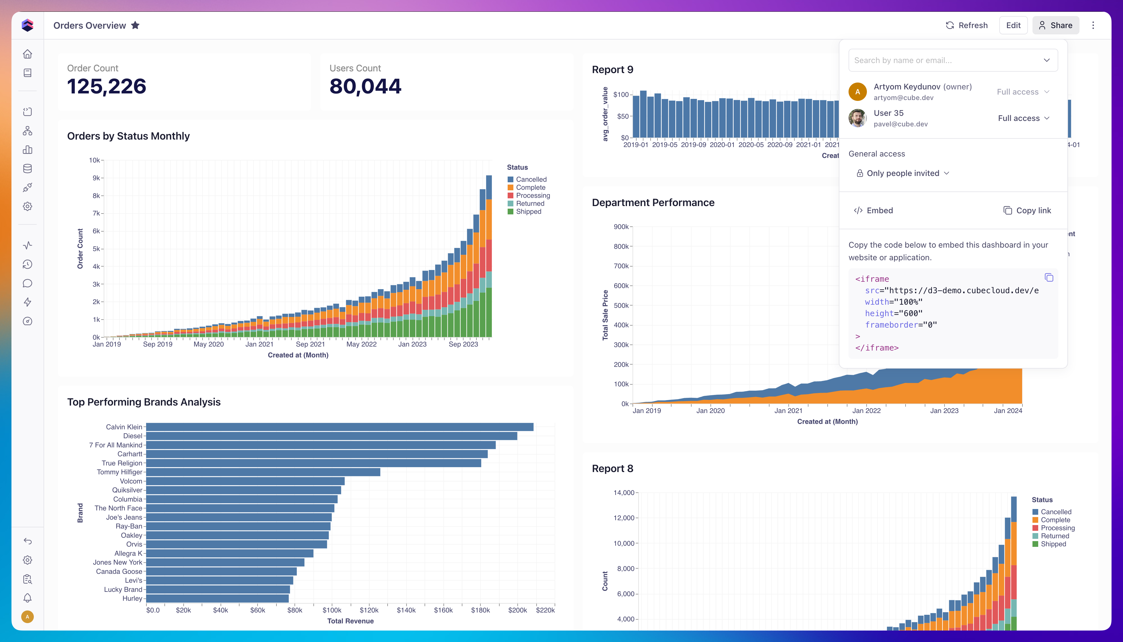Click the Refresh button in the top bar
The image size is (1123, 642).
pos(967,25)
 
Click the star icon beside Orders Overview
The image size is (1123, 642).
pos(135,25)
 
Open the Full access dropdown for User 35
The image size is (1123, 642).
pos(1023,118)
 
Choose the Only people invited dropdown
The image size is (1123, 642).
pos(903,173)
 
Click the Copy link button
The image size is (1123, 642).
pos(1027,210)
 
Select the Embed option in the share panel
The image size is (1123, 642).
pos(873,210)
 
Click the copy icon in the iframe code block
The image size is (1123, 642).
pos(1049,277)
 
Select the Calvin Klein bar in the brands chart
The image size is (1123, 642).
pos(340,427)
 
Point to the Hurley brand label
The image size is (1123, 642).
pos(132,598)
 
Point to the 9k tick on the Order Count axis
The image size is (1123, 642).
pos(96,178)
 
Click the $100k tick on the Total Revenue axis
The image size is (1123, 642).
pos(332,610)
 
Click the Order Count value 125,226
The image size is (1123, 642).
pos(107,86)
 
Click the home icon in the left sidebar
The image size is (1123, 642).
pos(27,54)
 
